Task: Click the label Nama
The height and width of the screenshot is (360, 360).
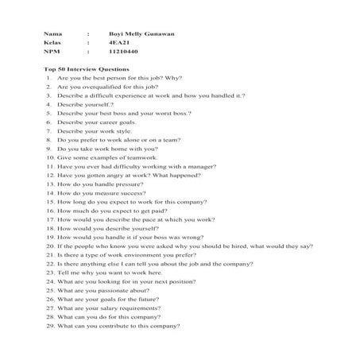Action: (x=52, y=36)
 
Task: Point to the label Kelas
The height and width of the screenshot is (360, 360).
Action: (x=52, y=45)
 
